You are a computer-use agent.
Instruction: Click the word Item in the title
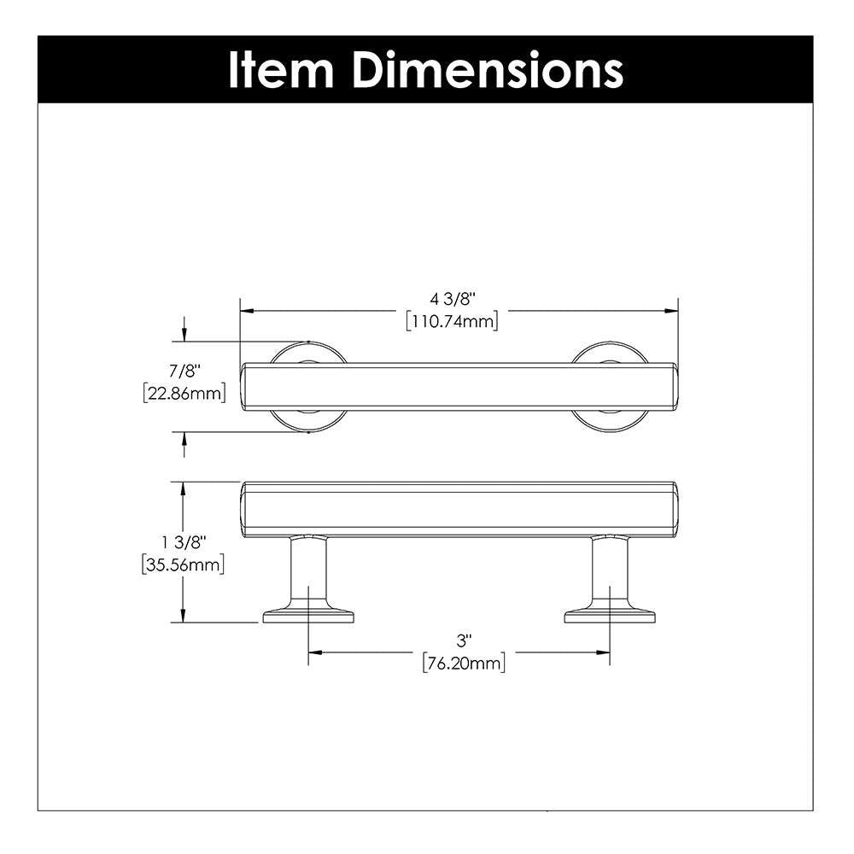(281, 70)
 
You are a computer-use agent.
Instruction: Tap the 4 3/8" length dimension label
(452, 299)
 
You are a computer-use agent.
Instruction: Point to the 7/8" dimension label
(183, 371)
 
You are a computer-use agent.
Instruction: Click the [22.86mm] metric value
(183, 394)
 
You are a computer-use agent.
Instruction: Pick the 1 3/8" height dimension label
(183, 542)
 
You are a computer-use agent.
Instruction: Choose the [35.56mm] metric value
(183, 564)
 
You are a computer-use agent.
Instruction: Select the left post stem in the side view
(307, 572)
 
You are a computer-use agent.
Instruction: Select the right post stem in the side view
(610, 572)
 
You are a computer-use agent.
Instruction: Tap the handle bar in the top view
(459, 387)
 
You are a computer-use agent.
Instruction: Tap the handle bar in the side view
(459, 509)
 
